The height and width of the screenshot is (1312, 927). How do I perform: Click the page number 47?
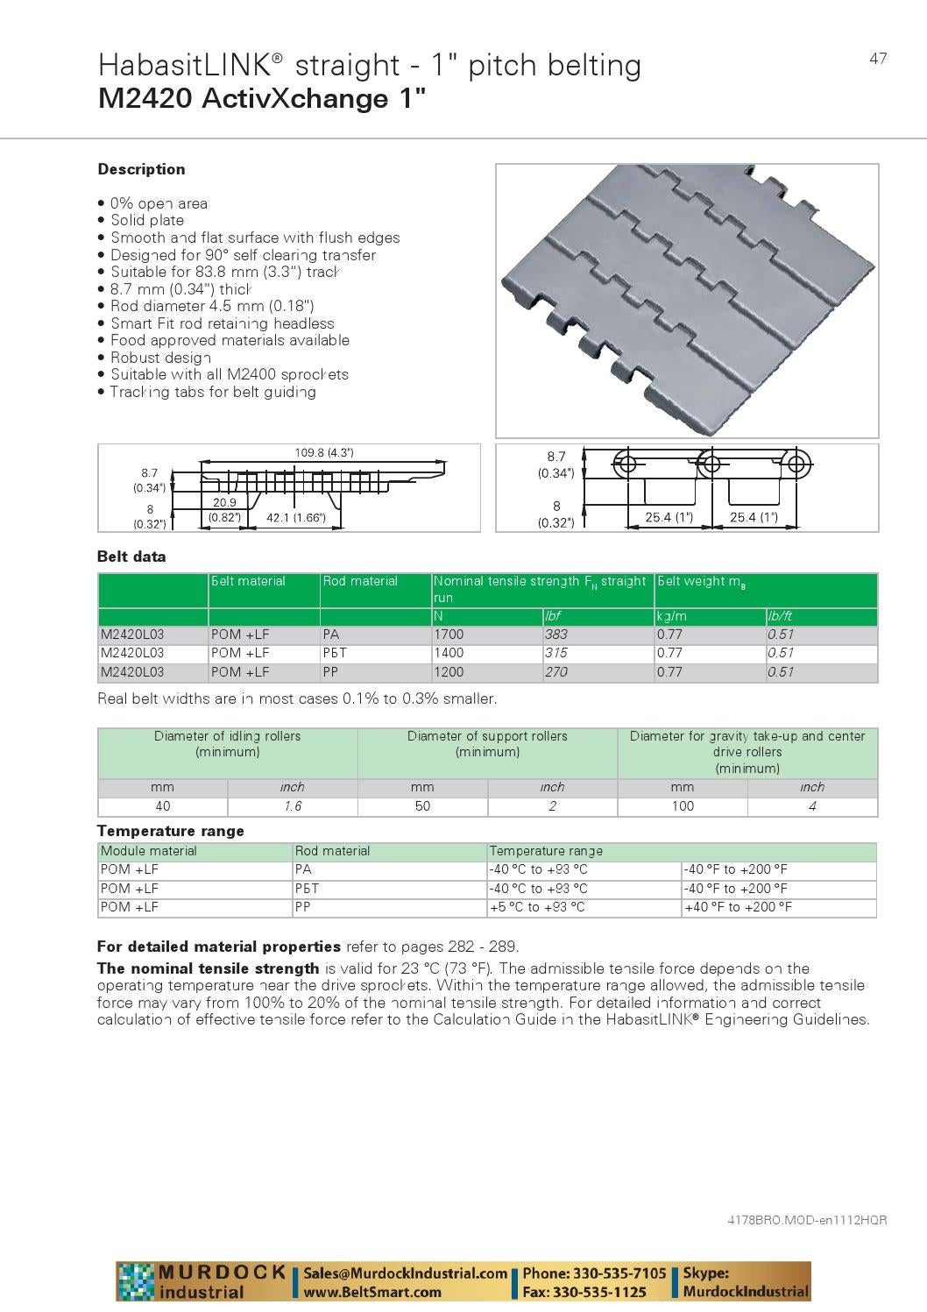pos(878,59)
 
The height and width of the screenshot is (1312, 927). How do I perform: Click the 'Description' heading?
pos(141,169)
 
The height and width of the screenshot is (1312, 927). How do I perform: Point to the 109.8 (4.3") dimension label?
pos(324,453)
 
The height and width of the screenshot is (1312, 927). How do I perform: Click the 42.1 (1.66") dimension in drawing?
pos(295,518)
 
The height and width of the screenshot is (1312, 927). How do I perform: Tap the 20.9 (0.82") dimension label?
pos(224,509)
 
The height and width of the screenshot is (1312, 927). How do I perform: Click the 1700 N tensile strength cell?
pos(449,634)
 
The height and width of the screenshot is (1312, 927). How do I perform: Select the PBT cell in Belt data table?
pos(332,653)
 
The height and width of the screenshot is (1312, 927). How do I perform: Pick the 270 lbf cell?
pos(555,672)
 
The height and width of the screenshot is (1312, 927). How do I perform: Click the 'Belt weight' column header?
pos(701,581)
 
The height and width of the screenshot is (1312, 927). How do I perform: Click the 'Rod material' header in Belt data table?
pos(360,581)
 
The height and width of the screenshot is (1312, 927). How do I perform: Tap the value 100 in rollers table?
pos(682,806)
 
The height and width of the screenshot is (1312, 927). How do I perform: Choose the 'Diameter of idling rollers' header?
pos(227,744)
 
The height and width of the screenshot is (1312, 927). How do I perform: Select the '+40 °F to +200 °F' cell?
pos(738,907)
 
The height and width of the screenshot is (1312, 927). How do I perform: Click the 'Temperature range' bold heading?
pos(171,831)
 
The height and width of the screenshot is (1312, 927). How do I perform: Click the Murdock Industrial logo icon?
pos(136,1282)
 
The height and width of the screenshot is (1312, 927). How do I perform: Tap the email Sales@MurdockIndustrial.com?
pos(406,1273)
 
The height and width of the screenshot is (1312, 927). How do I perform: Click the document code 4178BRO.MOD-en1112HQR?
pos(807,1220)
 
